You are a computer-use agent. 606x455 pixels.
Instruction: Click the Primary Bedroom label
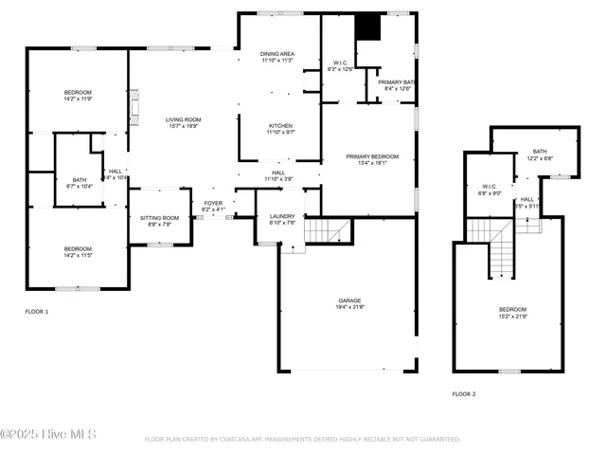coord(371,158)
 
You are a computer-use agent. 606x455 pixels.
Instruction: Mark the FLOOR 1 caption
coord(37,312)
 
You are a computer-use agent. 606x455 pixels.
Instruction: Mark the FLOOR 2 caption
coord(464,393)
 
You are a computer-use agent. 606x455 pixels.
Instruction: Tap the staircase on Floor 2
coord(502,251)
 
